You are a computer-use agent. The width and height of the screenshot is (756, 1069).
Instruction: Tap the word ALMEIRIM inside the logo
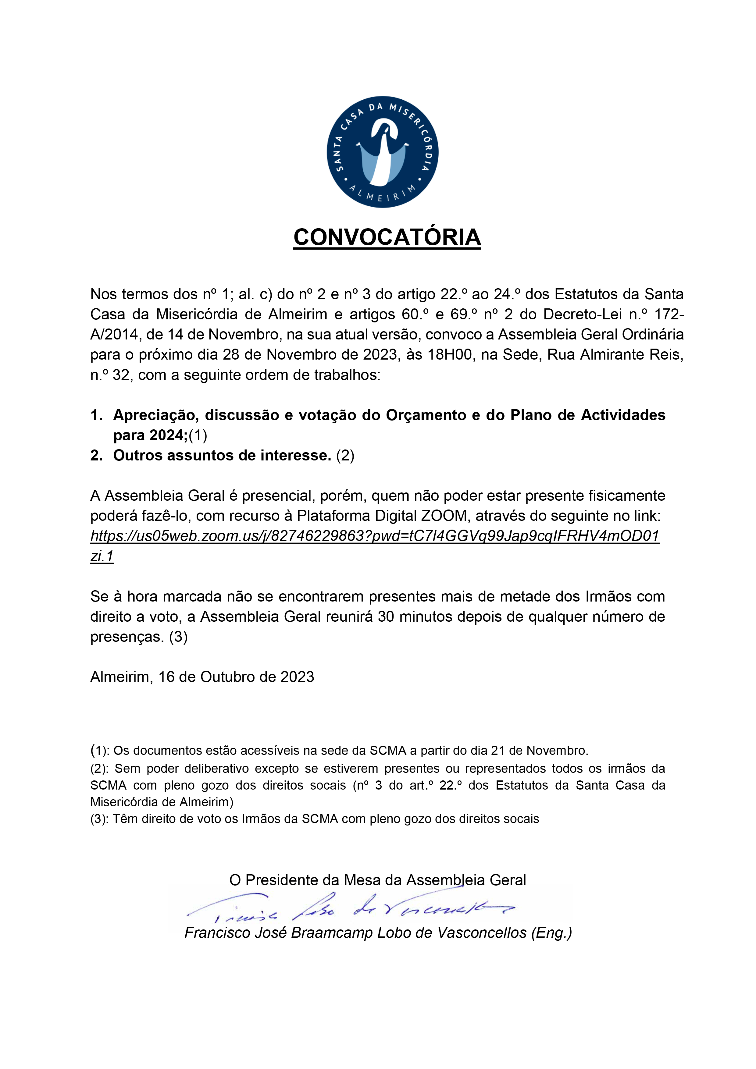coord(383,195)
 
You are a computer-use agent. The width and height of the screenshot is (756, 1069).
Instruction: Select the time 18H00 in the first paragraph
coord(450,355)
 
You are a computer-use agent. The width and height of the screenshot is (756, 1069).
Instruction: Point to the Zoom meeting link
coord(375,536)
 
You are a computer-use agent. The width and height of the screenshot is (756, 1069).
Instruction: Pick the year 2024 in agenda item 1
coord(167,435)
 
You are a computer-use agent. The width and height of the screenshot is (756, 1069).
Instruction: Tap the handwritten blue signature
coord(349,908)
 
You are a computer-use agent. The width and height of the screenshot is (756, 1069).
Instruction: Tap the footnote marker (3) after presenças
coord(178,637)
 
